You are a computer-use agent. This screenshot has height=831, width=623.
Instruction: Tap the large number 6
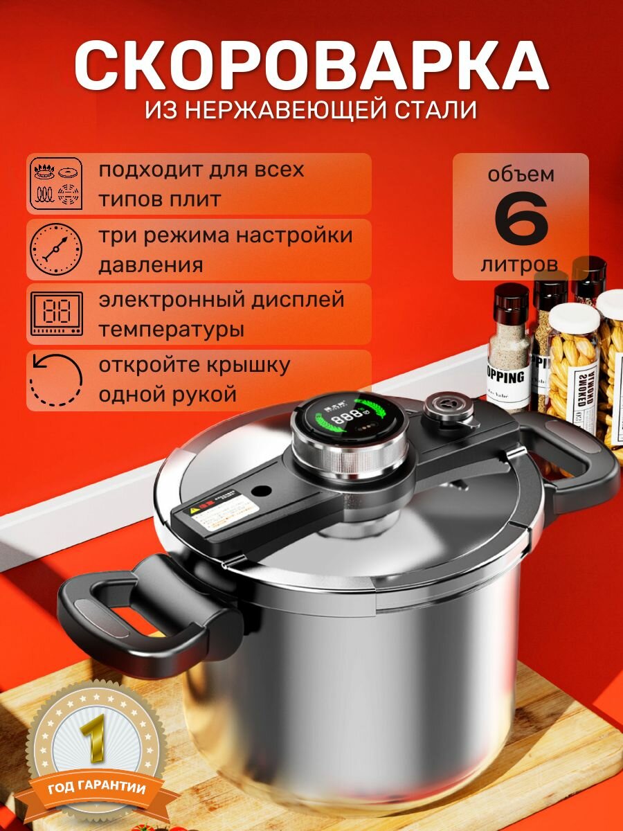pos(521,222)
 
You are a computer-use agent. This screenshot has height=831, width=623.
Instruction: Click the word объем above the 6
pos(521,173)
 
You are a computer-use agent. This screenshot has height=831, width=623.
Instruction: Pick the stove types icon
pos(55,184)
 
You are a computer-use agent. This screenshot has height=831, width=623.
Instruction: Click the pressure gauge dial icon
pos(55,249)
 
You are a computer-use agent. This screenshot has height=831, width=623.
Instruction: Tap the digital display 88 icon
pos(55,314)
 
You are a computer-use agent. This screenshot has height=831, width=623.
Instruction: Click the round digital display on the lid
pos(339,422)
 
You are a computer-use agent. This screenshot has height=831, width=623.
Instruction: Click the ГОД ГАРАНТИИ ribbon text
pos(97,789)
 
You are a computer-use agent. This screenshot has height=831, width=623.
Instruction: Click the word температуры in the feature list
pos(171,330)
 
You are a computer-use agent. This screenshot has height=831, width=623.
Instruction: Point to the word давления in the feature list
pos(150,265)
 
